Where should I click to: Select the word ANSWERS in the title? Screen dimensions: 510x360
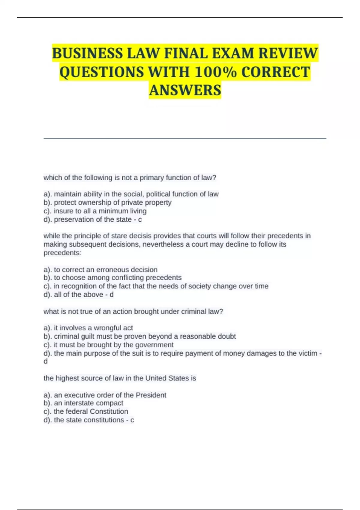185,90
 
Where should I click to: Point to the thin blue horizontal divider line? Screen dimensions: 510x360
185,139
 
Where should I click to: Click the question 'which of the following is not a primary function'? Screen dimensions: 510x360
130,178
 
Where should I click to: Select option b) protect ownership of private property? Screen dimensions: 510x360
107,202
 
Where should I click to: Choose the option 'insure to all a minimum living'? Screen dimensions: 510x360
95,211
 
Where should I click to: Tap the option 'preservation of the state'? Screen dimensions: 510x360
92,220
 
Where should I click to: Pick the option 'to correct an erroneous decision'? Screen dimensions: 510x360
100,269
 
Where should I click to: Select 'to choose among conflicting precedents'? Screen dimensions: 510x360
112,277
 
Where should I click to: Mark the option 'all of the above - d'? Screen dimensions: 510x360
79,295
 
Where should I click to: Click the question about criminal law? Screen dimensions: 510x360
133,311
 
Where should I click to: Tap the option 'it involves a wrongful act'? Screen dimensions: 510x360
88,328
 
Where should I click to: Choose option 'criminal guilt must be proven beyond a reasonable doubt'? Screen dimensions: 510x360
139,336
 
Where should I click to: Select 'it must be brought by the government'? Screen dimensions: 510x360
109,345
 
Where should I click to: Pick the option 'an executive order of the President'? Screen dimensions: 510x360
105,395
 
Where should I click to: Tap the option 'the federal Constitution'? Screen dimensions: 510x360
86,411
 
